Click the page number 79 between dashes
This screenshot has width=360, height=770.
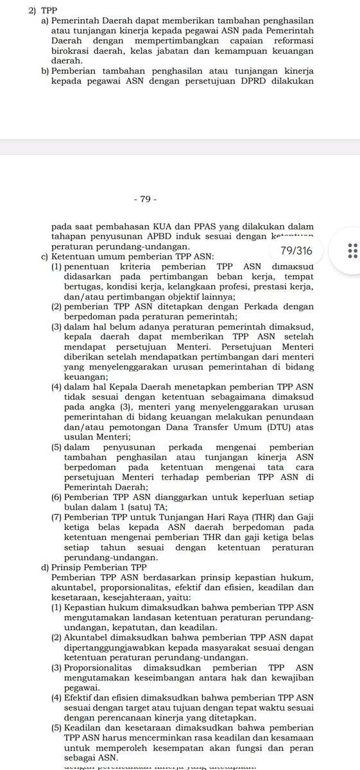[144, 200]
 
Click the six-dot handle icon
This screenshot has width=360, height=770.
[351, 250]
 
